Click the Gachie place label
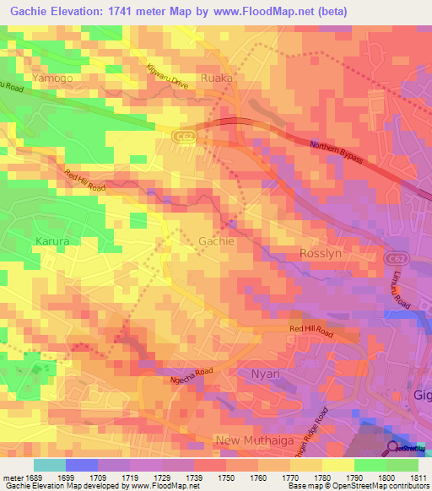pos(216,241)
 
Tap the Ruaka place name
pos(217,78)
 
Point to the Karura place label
pos(51,240)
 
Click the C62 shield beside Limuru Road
pos(393,258)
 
